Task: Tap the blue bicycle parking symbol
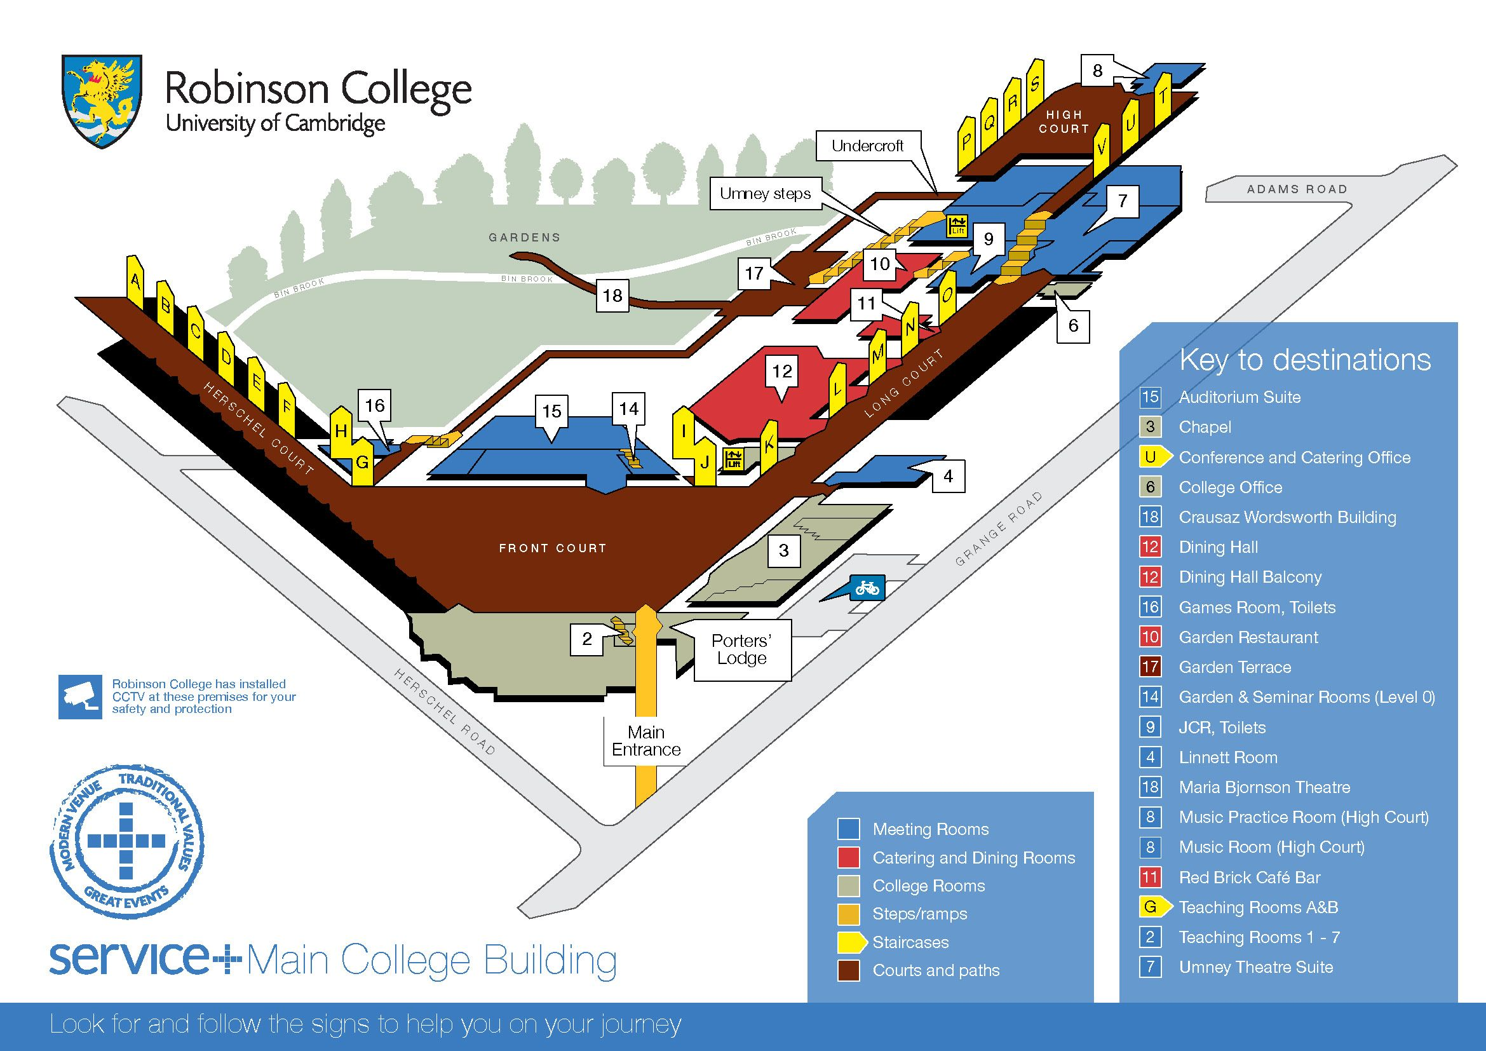click(x=867, y=588)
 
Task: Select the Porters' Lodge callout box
click(x=741, y=650)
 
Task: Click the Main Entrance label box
click(x=646, y=741)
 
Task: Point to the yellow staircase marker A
click(x=135, y=281)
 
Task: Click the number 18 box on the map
click(x=612, y=295)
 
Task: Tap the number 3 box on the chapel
click(x=784, y=551)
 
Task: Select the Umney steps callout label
click(x=765, y=194)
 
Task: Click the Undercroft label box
click(x=867, y=146)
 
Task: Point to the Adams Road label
click(x=1297, y=189)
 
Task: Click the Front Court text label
click(x=552, y=548)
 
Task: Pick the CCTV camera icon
click(x=80, y=696)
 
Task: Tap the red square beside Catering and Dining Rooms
click(x=849, y=857)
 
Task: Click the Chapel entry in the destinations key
click(x=1205, y=427)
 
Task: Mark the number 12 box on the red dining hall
click(x=782, y=372)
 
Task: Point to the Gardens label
click(x=524, y=238)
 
